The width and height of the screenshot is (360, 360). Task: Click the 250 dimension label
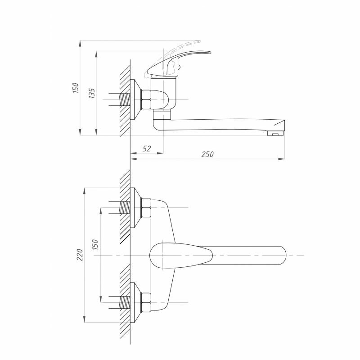coord(207,154)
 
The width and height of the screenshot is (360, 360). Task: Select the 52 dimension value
coord(147,148)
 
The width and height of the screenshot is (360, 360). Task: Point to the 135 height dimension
coord(92,93)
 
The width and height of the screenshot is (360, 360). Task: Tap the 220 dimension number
coord(80,255)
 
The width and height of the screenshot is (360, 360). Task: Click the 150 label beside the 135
coord(76,88)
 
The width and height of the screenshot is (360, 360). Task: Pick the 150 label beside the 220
coord(95,245)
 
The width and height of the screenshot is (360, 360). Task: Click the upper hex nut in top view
coord(146,207)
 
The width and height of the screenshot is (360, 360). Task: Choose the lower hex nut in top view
coord(146,302)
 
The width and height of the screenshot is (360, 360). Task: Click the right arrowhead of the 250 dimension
coord(282,159)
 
